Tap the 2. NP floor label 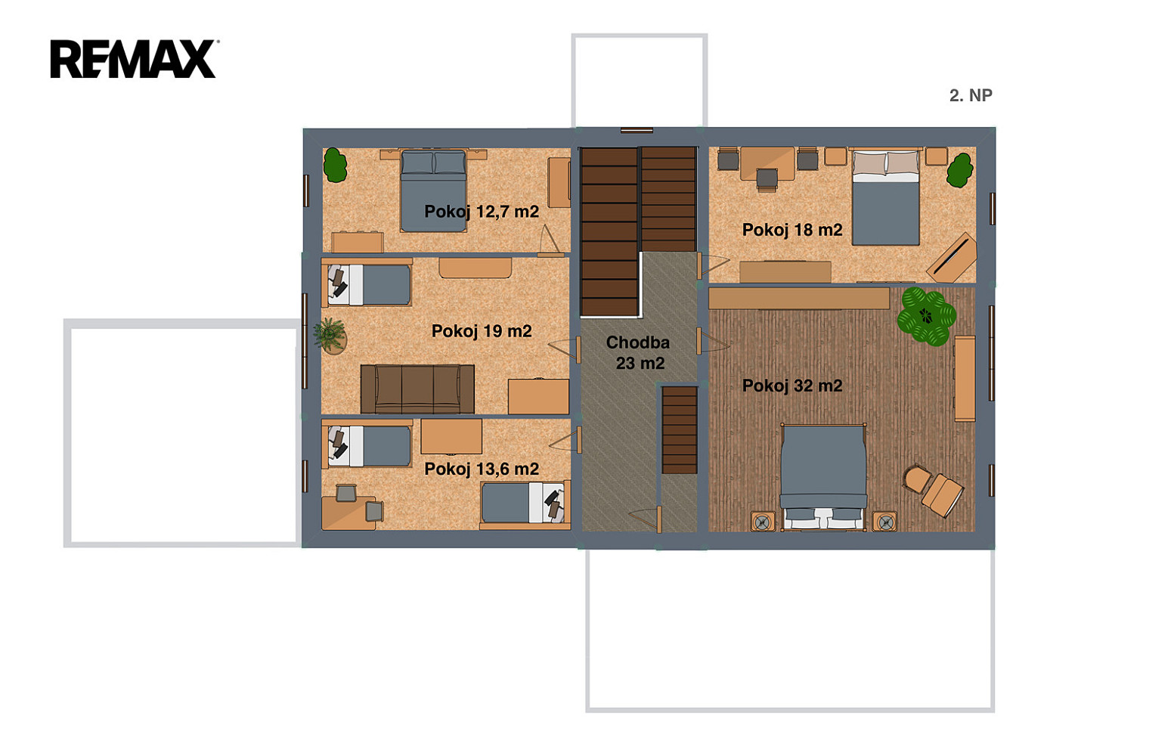pyautogui.click(x=971, y=95)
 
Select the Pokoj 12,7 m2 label pyautogui.click(x=481, y=212)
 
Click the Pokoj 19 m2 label pyautogui.click(x=481, y=331)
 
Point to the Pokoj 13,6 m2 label pyautogui.click(x=481, y=469)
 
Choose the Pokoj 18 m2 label pyautogui.click(x=792, y=230)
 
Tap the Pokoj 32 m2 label pyautogui.click(x=792, y=386)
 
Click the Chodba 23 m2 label pyautogui.click(x=639, y=353)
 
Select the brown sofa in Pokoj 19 pyautogui.click(x=417, y=389)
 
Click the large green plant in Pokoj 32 pyautogui.click(x=927, y=316)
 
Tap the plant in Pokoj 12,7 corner pyautogui.click(x=335, y=165)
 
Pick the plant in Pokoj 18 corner pyautogui.click(x=959, y=170)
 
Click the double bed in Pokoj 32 pyautogui.click(x=823, y=477)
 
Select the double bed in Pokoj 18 pyautogui.click(x=885, y=197)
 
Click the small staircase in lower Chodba pyautogui.click(x=680, y=430)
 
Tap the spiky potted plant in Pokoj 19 pyautogui.click(x=330, y=336)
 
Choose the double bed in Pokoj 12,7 pyautogui.click(x=433, y=191)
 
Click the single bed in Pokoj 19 pyautogui.click(x=367, y=284)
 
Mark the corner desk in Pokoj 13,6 pyautogui.click(x=348, y=513)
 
